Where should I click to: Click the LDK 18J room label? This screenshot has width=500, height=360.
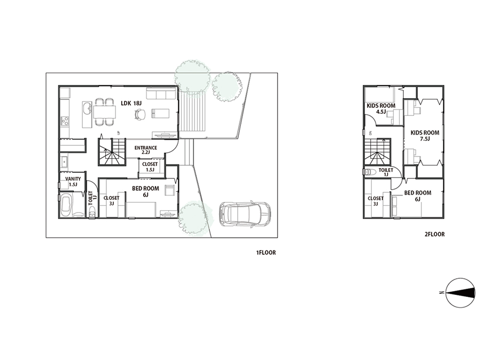tap(131, 103)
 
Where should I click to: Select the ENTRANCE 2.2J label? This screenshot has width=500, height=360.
tap(146, 150)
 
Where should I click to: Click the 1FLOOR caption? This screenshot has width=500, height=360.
tap(266, 253)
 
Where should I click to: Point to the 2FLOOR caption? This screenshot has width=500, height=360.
tap(434, 234)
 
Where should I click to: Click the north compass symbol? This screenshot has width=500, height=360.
tap(460, 293)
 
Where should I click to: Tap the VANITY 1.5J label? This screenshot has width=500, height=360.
tap(73, 182)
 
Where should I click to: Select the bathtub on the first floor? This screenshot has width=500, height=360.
tap(66, 205)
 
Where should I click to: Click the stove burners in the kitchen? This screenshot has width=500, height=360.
tap(65, 121)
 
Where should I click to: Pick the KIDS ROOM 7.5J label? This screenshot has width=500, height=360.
tap(425, 136)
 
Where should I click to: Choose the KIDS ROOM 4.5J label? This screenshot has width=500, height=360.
tap(381, 108)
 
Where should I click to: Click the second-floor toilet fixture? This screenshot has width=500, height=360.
tap(369, 172)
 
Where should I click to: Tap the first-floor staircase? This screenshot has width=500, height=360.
tap(112, 152)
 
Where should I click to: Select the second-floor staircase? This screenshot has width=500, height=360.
tap(377, 152)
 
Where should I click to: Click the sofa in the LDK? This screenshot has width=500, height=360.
tap(161, 93)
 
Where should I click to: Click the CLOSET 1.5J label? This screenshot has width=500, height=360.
tap(150, 167)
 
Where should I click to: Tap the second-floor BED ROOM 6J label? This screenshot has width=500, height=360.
tap(417, 196)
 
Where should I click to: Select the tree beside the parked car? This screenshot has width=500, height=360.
tap(195, 218)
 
